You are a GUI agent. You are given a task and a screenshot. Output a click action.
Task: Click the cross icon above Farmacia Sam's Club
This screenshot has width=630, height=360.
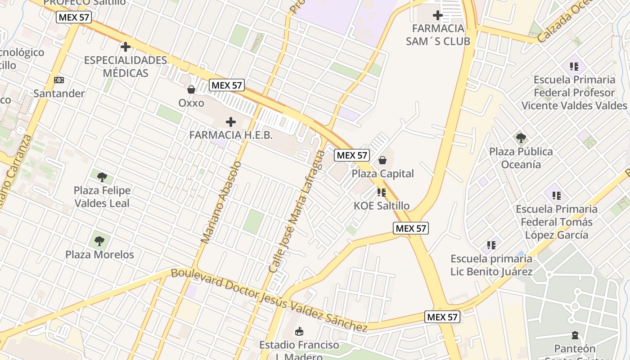pos(437,16)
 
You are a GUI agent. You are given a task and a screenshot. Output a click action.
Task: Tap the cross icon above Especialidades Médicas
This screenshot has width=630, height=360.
pos(126,46)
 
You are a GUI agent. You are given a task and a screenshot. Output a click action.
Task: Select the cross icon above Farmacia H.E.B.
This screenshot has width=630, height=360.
pos(231,121)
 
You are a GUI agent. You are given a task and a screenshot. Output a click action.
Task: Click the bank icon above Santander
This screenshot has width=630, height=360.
pos(59,80)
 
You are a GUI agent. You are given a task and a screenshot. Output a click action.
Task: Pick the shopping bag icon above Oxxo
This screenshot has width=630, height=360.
pos(191,90)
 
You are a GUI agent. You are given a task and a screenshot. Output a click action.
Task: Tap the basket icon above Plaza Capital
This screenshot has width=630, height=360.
pos(382,160)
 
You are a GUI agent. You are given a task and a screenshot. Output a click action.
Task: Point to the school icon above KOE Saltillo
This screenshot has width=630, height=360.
pos(382,193)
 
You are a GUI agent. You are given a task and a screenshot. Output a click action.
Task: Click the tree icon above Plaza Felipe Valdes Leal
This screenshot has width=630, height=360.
pos(102,177)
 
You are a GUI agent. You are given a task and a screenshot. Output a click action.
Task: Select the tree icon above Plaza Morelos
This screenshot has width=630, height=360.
pos(99,241)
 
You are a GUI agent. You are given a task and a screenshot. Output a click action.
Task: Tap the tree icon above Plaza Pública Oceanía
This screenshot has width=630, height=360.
pos(521,138)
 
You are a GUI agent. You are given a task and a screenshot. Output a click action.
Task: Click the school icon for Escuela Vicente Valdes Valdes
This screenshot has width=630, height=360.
pos(574,67)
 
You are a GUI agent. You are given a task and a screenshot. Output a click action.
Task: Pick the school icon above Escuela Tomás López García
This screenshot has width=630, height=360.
pos(557,196)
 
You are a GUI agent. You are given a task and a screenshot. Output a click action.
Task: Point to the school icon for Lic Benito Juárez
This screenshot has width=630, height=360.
pos(491,245)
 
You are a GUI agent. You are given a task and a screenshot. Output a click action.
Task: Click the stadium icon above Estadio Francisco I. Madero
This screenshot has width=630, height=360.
pos(298,332)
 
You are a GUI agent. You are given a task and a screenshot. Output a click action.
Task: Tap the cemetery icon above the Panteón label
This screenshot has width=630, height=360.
pos(575,335)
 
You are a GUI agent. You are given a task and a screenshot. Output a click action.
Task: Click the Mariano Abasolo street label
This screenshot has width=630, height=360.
pos(221,202)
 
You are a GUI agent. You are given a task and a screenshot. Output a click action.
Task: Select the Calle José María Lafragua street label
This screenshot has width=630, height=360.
pos(297,211)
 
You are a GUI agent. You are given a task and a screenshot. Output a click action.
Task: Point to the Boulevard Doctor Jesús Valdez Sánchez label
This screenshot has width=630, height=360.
pos(269,299)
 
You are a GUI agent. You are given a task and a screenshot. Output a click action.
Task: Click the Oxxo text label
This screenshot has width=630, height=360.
pos(191,103)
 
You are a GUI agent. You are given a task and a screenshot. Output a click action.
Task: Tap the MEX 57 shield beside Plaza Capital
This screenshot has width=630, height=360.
pos(352,155)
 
